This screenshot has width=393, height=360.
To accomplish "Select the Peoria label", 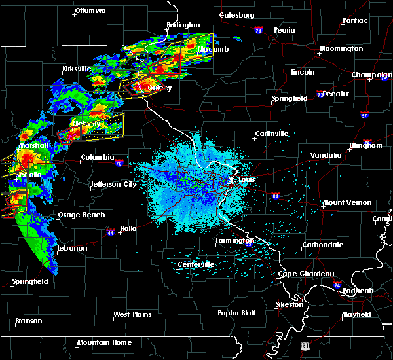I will tap(285, 30).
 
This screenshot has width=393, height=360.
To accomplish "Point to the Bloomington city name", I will tap(341, 49).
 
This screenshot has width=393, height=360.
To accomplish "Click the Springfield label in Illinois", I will tap(290, 98).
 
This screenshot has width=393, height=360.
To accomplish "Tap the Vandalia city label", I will tap(326, 155).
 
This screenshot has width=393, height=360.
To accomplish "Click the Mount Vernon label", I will tap(347, 203).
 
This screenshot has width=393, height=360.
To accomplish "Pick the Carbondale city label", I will tap(322, 245).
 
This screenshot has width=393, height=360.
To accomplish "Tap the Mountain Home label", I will tap(104, 343).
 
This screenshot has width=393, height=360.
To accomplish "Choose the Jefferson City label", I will tap(113, 185).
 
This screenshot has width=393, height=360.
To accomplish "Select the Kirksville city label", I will tap(75, 69).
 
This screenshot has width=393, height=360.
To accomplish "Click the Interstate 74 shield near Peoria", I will tap(259, 31).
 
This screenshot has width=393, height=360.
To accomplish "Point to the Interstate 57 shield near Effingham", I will tap(364, 115).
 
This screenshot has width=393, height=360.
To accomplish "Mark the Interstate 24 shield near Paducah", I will tap(336, 285).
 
